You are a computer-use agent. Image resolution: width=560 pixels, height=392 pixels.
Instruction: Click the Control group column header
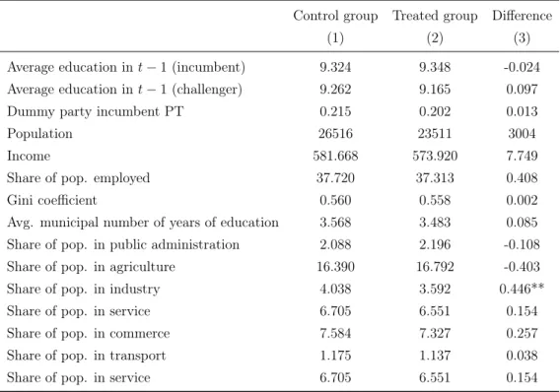pyautogui.click(x=335, y=17)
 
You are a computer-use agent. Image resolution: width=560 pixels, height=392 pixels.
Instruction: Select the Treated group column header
pyautogui.click(x=435, y=17)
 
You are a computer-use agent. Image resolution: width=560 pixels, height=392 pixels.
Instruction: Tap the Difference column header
pyautogui.click(x=523, y=16)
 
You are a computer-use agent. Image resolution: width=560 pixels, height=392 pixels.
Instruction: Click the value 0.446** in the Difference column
pyautogui.click(x=522, y=289)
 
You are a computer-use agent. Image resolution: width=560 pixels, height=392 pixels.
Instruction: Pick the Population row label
pyautogui.click(x=39, y=134)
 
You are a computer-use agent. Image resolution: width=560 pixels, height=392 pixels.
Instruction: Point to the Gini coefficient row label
pyautogui.click(x=52, y=200)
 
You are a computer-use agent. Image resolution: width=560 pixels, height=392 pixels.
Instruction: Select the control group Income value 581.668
pyautogui.click(x=335, y=156)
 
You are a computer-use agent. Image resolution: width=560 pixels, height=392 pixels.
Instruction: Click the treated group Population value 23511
pyautogui.click(x=435, y=134)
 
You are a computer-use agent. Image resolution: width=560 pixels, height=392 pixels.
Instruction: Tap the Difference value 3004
pyautogui.click(x=522, y=134)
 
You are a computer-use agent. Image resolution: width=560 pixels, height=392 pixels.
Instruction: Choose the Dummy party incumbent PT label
pyautogui.click(x=95, y=112)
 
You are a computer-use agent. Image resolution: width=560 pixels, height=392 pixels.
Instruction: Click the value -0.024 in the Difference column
pyautogui.click(x=522, y=67)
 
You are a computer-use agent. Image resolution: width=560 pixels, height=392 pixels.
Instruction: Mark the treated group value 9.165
pyautogui.click(x=435, y=90)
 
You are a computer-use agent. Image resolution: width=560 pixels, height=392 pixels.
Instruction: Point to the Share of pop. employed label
pyautogui.click(x=78, y=178)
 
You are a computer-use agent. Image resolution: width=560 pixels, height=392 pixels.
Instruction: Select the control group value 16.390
pyautogui.click(x=335, y=267)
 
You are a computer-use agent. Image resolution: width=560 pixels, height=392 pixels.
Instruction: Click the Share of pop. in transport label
pyautogui.click(x=86, y=356)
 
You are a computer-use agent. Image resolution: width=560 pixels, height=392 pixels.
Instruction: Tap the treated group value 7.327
pyautogui.click(x=435, y=333)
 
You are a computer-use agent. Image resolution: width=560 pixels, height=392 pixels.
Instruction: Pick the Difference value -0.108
pyautogui.click(x=522, y=244)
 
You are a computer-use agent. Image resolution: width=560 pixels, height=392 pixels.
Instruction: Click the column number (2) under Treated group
pyautogui.click(x=435, y=38)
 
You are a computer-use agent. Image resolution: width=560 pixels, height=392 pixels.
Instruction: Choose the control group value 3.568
pyautogui.click(x=335, y=223)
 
